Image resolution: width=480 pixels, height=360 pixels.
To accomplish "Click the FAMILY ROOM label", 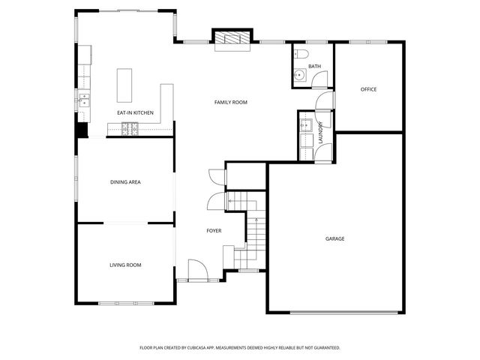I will point(230,102).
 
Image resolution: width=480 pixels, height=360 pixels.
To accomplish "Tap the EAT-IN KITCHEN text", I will point(135,112).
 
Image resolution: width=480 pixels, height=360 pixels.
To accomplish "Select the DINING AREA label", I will point(125,181).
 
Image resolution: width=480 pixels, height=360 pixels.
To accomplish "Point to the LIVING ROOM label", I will point(125,265).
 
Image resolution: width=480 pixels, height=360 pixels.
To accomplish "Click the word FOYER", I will point(214,231).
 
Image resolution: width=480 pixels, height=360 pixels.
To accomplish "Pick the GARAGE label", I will point(334,238).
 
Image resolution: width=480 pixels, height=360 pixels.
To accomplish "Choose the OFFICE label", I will point(368,89).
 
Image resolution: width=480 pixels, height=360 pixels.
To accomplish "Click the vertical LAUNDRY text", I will point(320,133).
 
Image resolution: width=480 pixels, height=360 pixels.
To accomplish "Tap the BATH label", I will point(314,67).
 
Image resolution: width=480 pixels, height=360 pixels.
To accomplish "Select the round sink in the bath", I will point(299,74).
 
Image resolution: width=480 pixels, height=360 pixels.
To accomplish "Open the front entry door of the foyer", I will point(196,270).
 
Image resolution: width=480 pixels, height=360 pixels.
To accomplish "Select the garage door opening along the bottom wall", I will point(334,312).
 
